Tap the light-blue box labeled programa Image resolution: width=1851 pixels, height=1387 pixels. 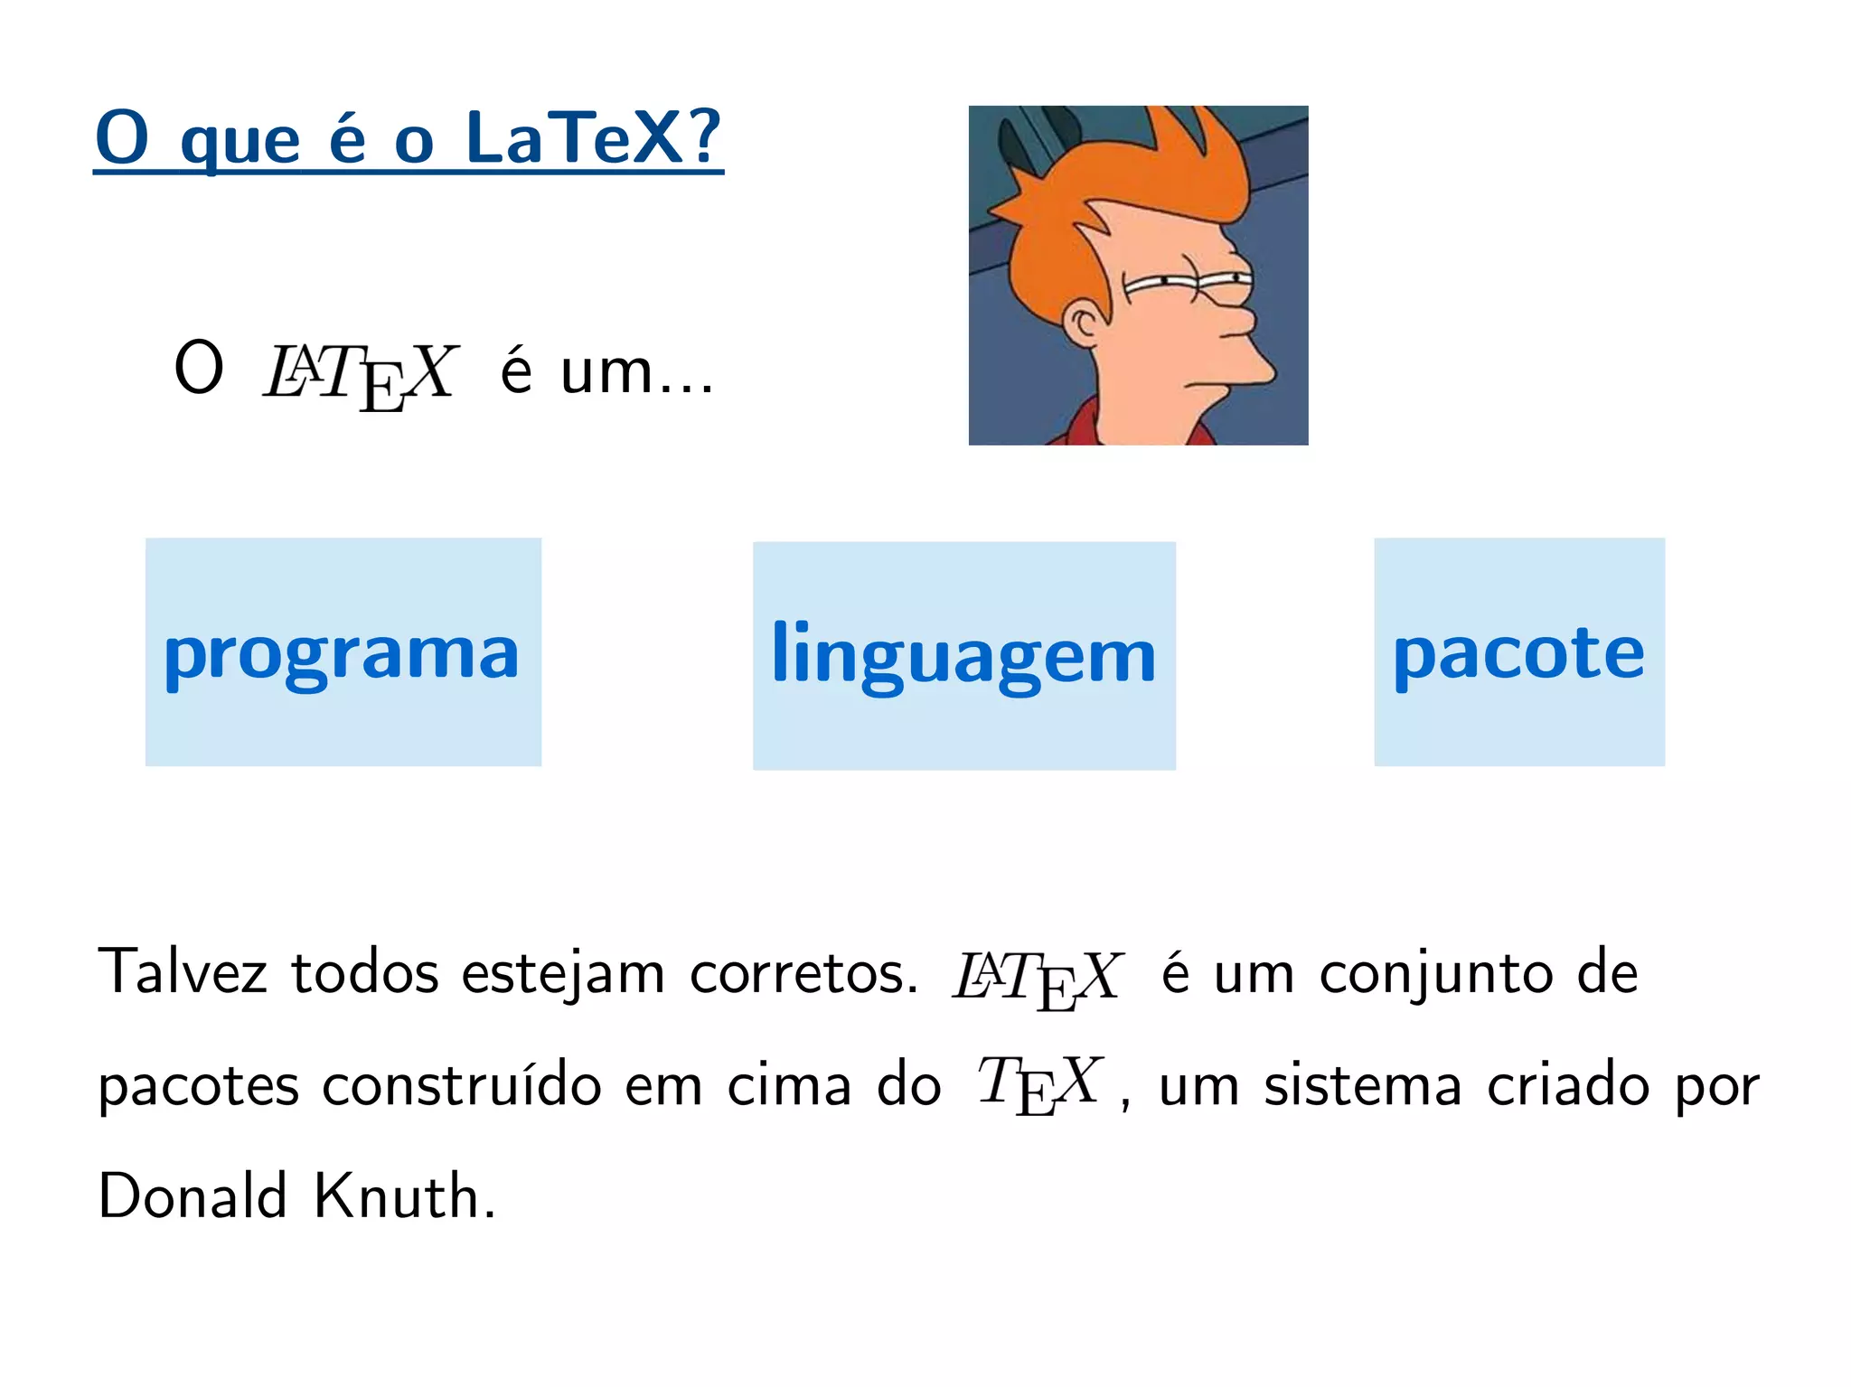(343, 652)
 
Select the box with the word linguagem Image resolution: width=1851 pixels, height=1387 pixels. (963, 656)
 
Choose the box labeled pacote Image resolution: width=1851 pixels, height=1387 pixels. (1518, 652)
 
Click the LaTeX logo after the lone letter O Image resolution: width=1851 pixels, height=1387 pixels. (362, 374)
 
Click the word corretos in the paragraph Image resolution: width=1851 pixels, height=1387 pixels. (803, 974)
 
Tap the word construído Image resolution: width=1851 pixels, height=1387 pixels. (462, 1084)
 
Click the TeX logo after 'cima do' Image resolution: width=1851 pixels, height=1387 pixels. (1038, 1084)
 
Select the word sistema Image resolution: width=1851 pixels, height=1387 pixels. (1362, 1085)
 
